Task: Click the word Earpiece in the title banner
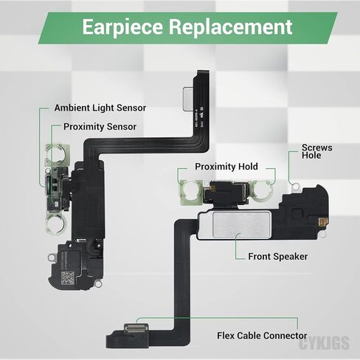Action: coord(122,27)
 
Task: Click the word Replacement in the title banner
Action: coord(231,27)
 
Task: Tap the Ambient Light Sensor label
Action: coord(100,108)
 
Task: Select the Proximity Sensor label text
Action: coord(100,127)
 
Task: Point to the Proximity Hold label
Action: coord(226,167)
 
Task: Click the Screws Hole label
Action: coord(317,151)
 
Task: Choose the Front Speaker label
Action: coord(278,257)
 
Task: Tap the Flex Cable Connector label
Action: coord(262,336)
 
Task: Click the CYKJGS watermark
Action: coord(325,343)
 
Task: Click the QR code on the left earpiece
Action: coord(67,278)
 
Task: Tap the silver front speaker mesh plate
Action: coord(242,225)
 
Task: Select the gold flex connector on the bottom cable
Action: coord(136,328)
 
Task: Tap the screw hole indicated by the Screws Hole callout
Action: coord(295,188)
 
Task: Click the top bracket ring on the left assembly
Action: coord(57,155)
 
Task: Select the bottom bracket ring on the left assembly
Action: coord(57,224)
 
